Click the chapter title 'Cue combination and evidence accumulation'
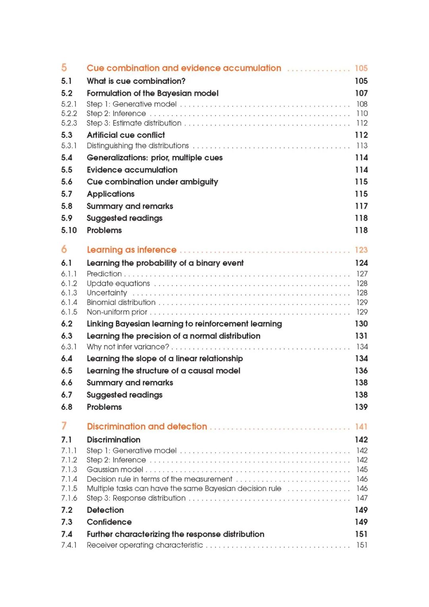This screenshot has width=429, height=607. click(184, 68)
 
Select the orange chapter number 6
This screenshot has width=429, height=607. click(64, 249)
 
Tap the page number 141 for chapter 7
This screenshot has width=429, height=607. click(361, 427)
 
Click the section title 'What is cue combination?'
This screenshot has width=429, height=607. click(136, 81)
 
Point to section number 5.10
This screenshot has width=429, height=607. click(69, 230)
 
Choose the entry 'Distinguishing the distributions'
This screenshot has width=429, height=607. click(138, 146)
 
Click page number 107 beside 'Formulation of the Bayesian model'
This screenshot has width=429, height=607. click(361, 93)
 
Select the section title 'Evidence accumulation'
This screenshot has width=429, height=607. click(132, 170)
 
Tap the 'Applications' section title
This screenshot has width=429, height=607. click(111, 194)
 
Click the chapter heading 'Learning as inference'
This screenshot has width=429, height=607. click(131, 250)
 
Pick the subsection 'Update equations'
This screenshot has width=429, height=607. click(118, 283)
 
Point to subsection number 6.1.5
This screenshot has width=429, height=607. click(69, 312)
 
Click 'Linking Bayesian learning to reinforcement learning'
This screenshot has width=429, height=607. click(184, 324)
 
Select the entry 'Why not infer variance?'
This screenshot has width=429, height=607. click(128, 347)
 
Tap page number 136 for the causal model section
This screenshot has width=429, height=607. click(361, 370)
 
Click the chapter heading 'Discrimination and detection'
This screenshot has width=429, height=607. click(147, 427)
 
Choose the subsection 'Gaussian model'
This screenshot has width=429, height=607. click(115, 469)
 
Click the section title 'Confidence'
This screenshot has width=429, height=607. click(109, 522)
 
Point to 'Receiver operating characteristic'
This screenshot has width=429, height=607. click(145, 545)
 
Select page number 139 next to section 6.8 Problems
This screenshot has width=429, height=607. click(361, 407)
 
